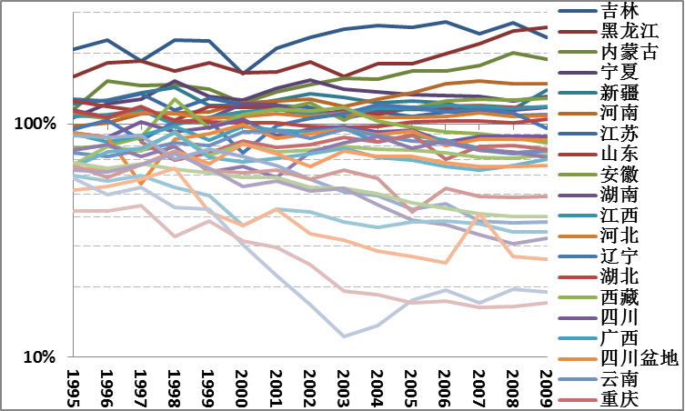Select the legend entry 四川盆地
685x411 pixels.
(640, 358)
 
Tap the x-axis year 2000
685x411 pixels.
(241, 386)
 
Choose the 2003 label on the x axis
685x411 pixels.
(343, 386)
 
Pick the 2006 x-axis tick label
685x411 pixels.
(445, 386)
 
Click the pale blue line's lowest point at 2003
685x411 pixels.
(344, 336)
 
